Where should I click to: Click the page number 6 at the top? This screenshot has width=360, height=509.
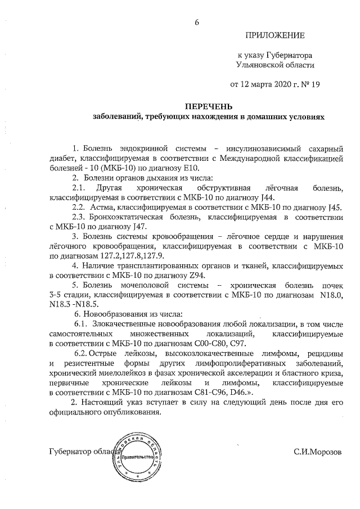pos(197,22)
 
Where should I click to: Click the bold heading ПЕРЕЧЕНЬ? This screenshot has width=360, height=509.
pos(209,106)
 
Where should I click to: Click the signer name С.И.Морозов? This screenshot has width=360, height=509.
pos(317,452)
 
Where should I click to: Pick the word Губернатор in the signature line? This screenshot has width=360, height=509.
pos(70,452)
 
